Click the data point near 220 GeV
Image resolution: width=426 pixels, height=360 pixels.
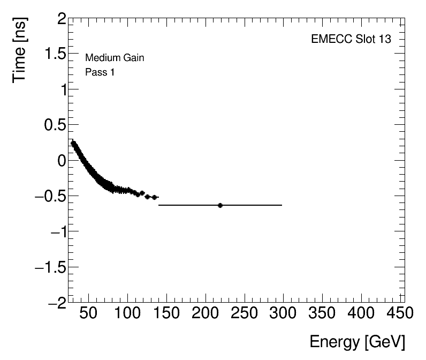coord(220,205)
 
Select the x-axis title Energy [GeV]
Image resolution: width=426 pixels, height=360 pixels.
coord(357,342)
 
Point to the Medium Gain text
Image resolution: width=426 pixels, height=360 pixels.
coord(115,58)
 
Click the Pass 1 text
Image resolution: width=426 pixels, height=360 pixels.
coord(100,72)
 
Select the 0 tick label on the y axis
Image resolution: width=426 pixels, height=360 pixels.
coord(62,161)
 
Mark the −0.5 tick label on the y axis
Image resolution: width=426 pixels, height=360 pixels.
coord(49,196)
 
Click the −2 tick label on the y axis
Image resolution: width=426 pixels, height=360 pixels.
coord(57,302)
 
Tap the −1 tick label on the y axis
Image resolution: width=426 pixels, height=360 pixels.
coord(57,231)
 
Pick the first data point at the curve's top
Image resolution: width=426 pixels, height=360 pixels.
coord(73,143)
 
